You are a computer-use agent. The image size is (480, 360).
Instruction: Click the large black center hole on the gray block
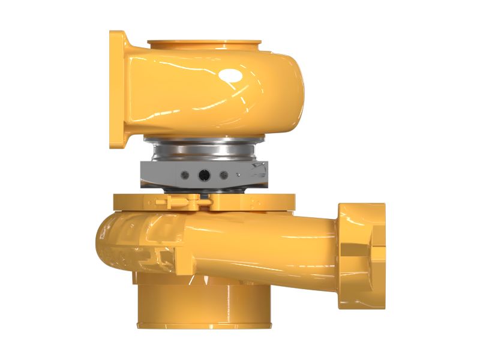(204, 175)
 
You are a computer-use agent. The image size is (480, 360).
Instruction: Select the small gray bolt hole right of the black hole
(224, 175)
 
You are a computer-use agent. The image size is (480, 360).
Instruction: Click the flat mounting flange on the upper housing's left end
(118, 89)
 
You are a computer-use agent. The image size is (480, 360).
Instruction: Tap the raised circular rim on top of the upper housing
(204, 44)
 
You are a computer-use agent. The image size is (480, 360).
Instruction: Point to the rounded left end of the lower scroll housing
(105, 240)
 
